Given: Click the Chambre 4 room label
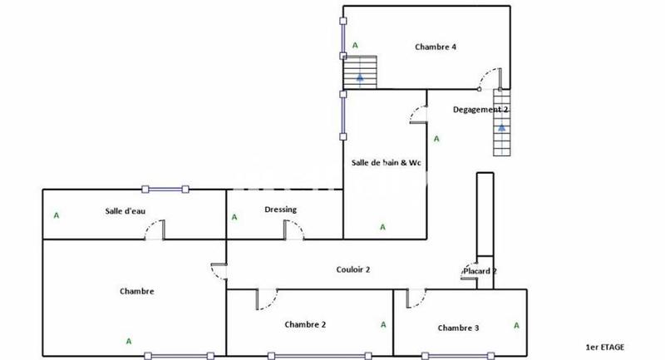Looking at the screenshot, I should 436,47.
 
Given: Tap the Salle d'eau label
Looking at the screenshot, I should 126,210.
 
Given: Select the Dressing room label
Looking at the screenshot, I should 280,210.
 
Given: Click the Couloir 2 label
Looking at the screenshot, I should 353,269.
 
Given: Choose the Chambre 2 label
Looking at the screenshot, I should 305,324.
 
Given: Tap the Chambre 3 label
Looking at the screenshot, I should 458,328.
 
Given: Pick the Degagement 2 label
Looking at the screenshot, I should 480,110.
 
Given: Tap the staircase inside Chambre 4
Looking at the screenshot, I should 361,72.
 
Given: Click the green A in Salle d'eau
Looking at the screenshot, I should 57,215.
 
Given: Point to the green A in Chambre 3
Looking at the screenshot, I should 516,325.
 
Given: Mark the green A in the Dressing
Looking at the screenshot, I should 234,218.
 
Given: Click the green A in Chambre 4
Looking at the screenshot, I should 356,45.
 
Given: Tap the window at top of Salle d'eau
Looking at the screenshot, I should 165,189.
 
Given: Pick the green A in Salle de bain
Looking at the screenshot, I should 382,226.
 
